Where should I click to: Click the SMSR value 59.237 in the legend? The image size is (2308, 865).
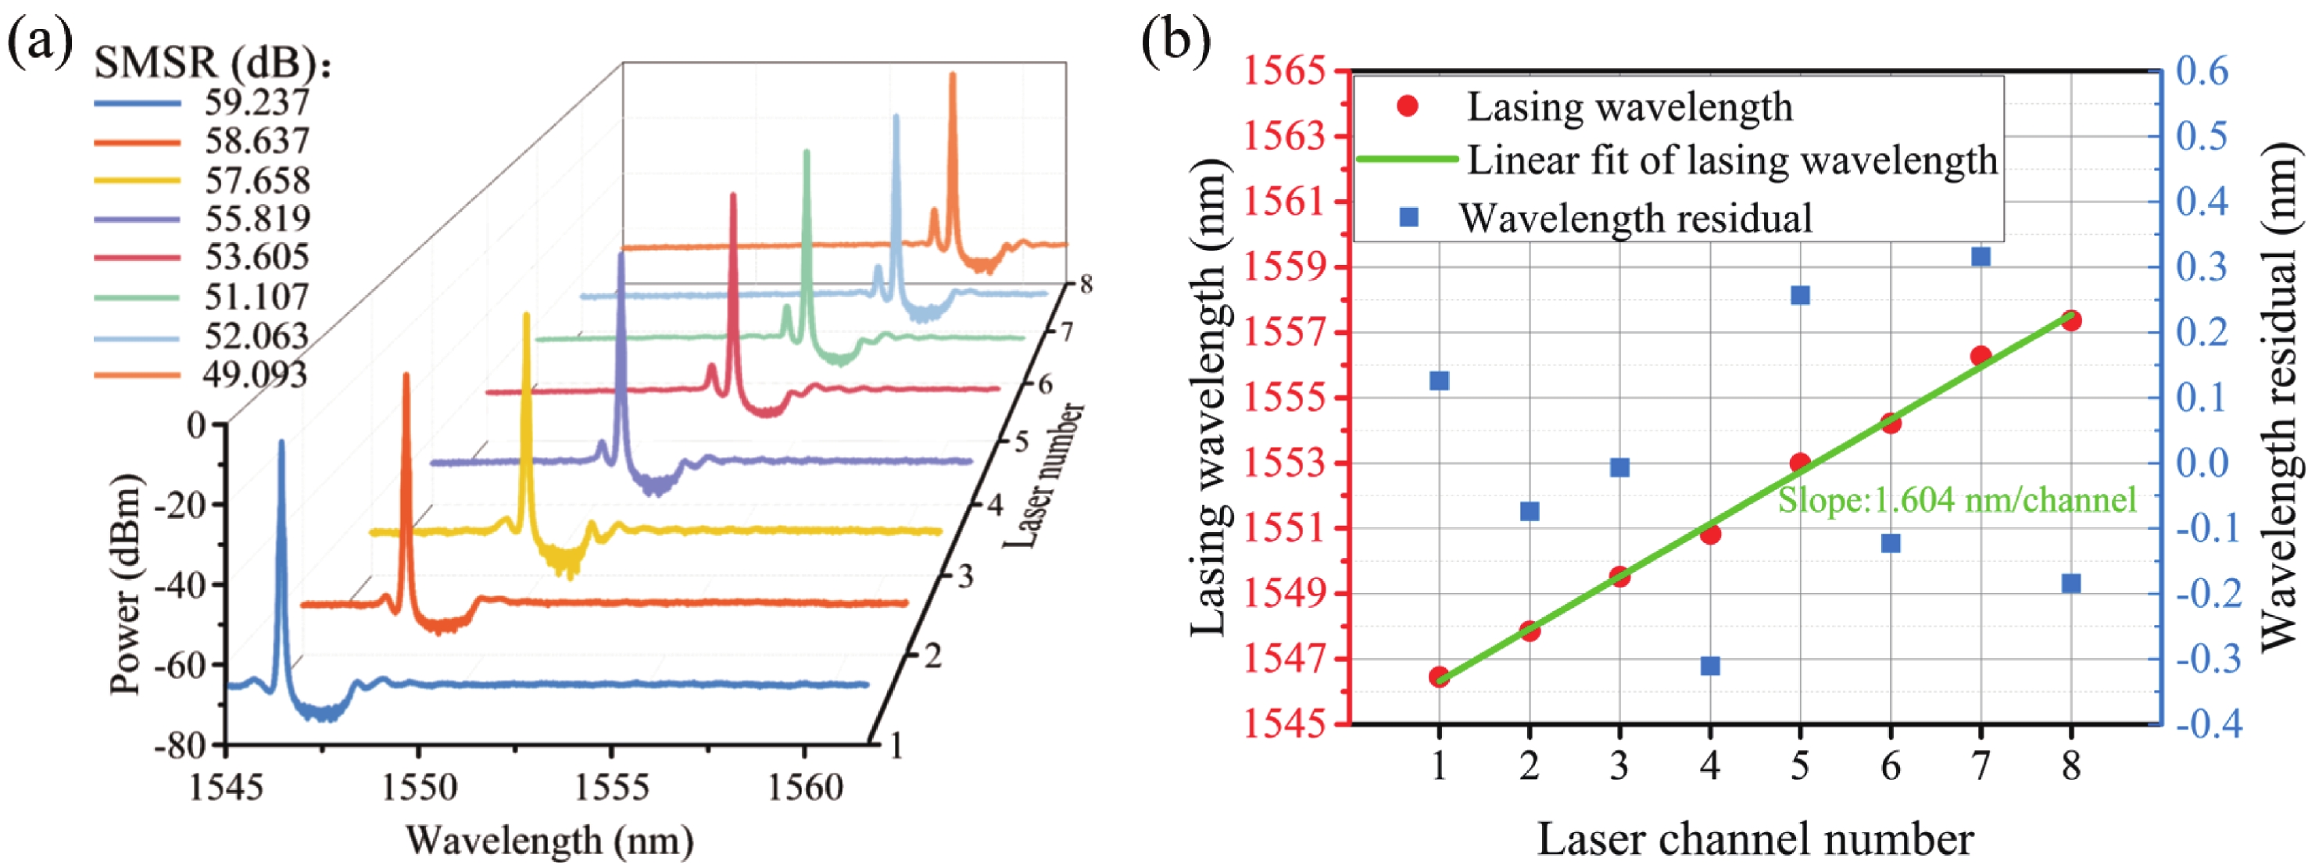pos(256,102)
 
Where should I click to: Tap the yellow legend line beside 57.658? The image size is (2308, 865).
pos(137,180)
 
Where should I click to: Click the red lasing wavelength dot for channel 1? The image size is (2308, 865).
pos(1439,676)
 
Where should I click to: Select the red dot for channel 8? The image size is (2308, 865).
pos(2070,320)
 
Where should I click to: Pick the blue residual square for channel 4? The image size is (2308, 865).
pos(1710,665)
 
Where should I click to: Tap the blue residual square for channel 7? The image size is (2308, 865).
pos(1981,257)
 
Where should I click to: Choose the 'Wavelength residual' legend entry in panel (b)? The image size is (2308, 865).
pos(1635,217)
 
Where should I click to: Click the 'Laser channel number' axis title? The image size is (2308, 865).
pos(1755,839)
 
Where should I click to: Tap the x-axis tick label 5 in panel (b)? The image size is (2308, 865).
pos(1800,766)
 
